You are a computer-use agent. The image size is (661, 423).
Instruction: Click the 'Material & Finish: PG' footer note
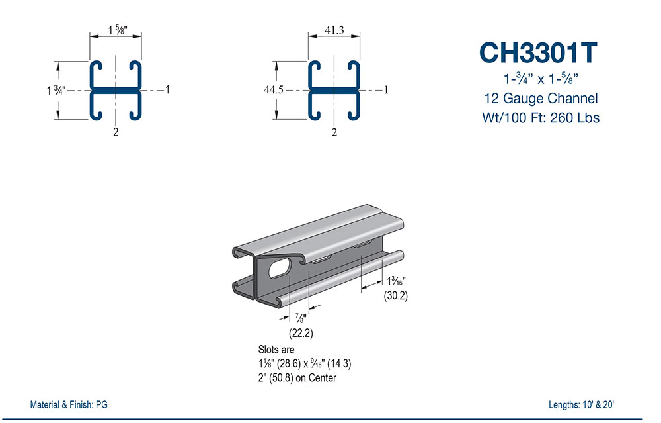coord(69,404)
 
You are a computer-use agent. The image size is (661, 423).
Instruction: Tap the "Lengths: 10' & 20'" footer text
coord(584,404)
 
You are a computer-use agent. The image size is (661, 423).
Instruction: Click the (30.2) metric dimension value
coord(396,296)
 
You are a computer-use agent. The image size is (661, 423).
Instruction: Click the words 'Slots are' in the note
coord(276,349)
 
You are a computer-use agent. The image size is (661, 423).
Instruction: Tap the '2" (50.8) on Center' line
coord(297,378)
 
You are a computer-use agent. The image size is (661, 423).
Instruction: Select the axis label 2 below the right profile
coord(334,132)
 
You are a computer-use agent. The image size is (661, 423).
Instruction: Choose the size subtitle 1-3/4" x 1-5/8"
coord(538,79)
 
